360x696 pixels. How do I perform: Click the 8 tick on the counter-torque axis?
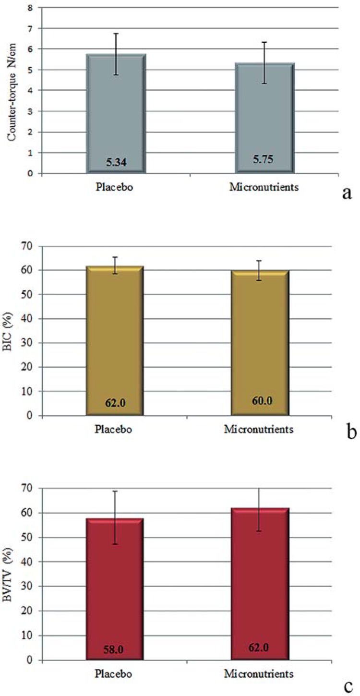click(x=31, y=8)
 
